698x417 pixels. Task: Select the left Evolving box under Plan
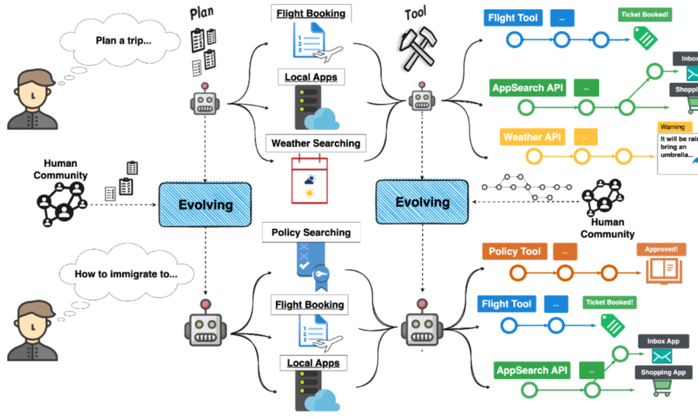pos(205,205)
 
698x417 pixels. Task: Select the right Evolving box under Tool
pos(422,202)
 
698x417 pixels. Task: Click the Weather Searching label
pos(316,143)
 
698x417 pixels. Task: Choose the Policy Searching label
pos(311,232)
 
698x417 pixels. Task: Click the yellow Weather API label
pos(531,136)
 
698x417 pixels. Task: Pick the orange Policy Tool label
pos(514,251)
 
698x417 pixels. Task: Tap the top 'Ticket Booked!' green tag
pos(644,14)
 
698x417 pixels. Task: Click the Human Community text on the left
pos(61,169)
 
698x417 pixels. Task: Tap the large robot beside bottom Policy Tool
pos(423,326)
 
